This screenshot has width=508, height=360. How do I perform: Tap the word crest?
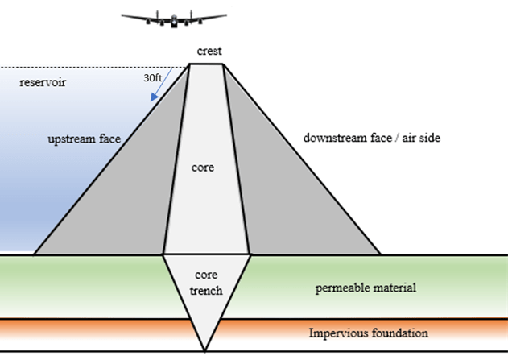(209, 52)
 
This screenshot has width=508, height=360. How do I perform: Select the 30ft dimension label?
(153, 79)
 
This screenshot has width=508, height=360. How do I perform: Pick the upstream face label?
(84, 139)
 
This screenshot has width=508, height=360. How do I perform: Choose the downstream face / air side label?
(371, 138)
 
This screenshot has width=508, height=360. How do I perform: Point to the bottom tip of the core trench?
(205, 351)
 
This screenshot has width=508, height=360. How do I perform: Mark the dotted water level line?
(89, 67)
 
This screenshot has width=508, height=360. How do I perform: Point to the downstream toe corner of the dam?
(380, 254)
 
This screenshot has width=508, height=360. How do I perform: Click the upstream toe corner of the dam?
(34, 254)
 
